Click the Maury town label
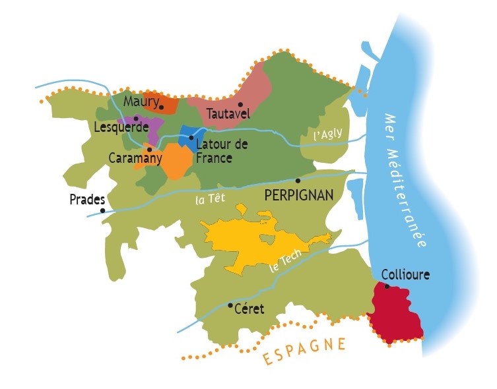pyautogui.click(x=141, y=102)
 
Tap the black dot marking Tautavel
pyautogui.click(x=241, y=105)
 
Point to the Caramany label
pyautogui.click(x=135, y=158)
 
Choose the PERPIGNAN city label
pyautogui.click(x=298, y=195)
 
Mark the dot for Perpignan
pyautogui.click(x=298, y=181)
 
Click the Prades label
pyautogui.click(x=88, y=199)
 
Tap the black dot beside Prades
pyautogui.click(x=102, y=210)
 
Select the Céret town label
pyautogui.click(x=249, y=309)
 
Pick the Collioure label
pyautogui.click(x=405, y=274)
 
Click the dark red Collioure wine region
pyautogui.click(x=396, y=313)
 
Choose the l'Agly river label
pyautogui.click(x=328, y=134)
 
